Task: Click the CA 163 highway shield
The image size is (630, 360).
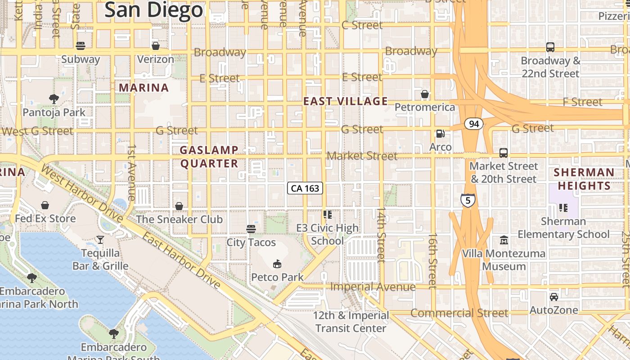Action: point(305,188)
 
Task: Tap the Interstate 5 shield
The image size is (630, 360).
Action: point(468,200)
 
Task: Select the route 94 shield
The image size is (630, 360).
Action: point(474,124)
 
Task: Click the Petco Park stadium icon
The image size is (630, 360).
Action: point(277,264)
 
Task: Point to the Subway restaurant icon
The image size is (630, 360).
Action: point(81,46)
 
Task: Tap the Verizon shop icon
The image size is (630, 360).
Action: point(155,46)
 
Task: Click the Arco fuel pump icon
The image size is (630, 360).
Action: point(440,134)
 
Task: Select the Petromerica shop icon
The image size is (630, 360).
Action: point(424,94)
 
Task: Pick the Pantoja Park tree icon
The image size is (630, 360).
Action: point(54,99)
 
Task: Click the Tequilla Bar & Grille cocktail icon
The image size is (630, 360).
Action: point(100,240)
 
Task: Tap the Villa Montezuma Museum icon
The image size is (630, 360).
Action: point(504,240)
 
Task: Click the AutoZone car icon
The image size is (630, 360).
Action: point(553,297)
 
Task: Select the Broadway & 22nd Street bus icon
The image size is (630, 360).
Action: point(550,47)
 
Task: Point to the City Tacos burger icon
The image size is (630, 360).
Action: point(251,229)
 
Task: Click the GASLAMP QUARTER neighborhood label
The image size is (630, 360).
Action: point(209,157)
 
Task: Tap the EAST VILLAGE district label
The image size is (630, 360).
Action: point(345,101)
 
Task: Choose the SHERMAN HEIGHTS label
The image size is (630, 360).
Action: point(584,179)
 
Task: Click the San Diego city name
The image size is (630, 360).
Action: point(154,10)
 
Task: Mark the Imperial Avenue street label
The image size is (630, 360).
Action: point(373,287)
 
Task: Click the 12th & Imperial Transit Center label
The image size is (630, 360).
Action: point(351,322)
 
